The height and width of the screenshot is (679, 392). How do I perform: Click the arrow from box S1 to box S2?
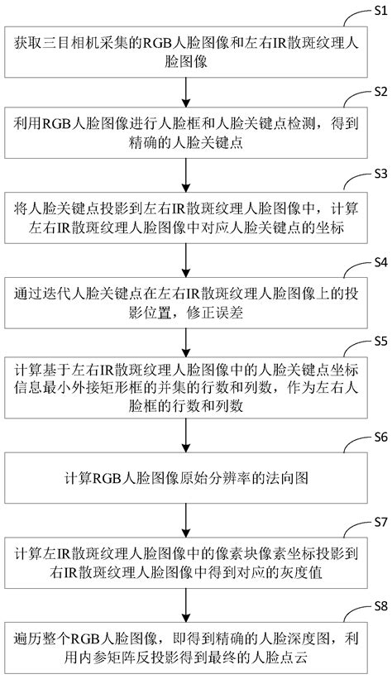[x=189, y=87]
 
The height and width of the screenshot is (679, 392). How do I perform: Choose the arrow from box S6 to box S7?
[x=189, y=519]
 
